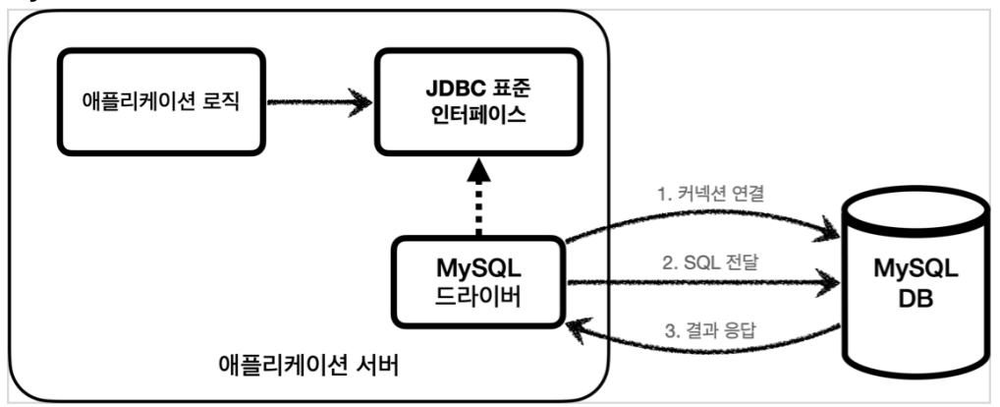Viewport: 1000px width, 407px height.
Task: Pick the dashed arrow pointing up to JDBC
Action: tap(478, 202)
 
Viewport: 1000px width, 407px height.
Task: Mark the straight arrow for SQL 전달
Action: tap(703, 284)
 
